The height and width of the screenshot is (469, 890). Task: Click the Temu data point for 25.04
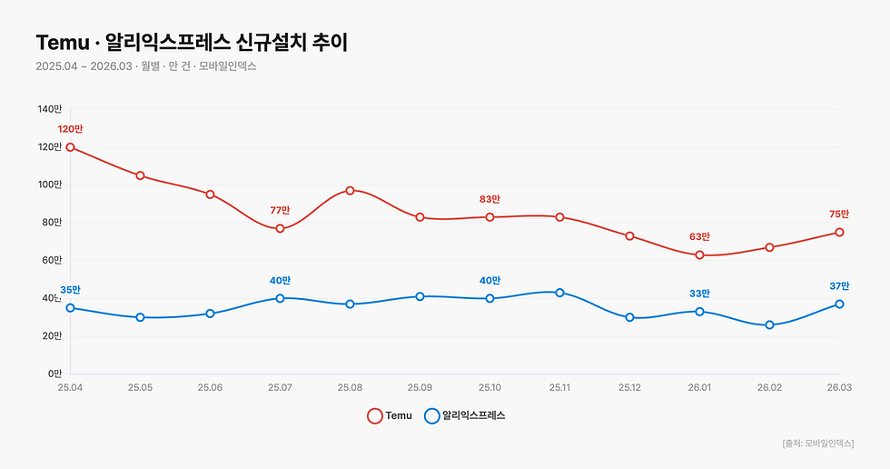70,147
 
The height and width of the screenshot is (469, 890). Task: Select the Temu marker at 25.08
350,191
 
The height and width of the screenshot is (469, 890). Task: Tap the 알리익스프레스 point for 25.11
559,293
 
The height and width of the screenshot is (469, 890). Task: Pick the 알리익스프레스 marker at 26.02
769,324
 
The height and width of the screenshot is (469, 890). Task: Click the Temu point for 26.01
699,255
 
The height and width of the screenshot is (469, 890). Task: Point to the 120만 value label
70,129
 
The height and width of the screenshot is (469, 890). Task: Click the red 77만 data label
280,211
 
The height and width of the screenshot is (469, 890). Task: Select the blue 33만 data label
699,294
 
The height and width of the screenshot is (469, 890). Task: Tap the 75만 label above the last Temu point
839,215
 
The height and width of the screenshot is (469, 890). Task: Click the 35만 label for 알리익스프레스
70,291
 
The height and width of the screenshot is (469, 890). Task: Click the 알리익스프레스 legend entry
465,415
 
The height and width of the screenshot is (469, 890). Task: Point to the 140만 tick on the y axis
50,109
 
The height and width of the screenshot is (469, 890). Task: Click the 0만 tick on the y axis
54,374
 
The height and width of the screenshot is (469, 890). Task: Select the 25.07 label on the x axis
280,388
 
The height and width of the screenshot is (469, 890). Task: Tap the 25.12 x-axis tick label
629,388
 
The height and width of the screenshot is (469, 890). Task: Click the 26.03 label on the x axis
839,388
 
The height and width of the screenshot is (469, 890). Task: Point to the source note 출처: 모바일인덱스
817,443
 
